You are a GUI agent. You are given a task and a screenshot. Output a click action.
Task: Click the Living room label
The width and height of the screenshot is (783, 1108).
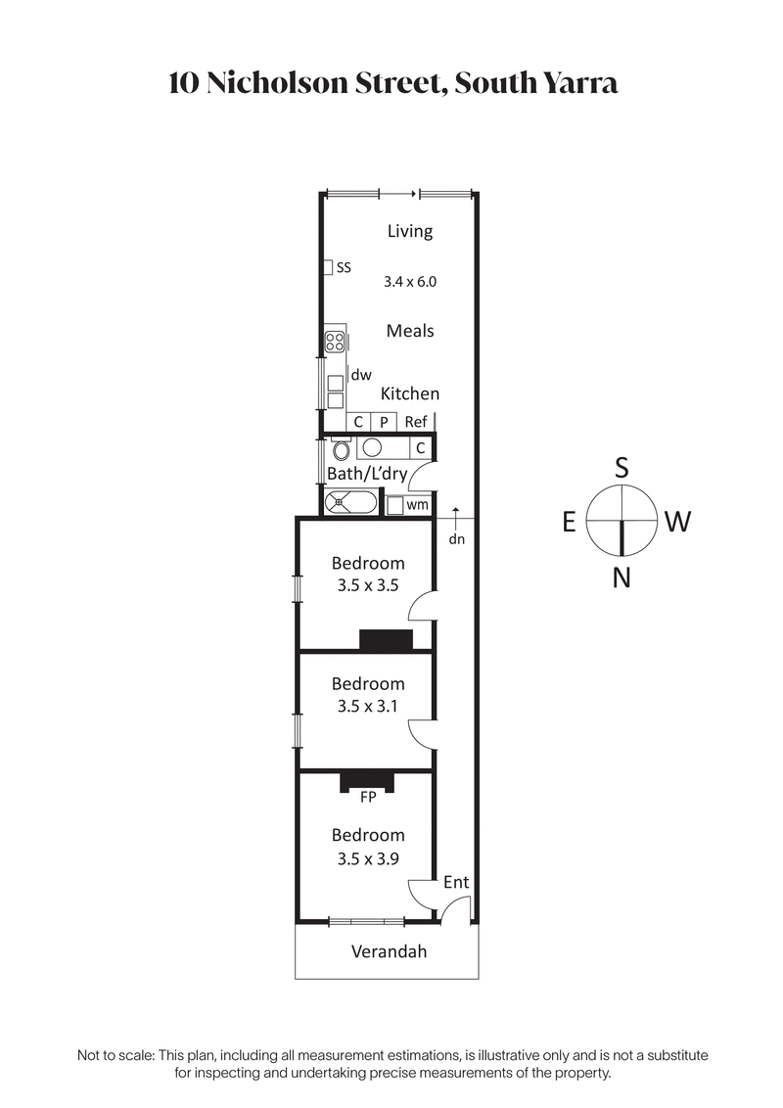point(409,231)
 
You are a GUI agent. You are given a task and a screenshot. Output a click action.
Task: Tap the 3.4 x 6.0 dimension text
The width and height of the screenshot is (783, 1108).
point(409,281)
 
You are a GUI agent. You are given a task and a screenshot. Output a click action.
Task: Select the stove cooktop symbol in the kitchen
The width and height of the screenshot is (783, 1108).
point(335,343)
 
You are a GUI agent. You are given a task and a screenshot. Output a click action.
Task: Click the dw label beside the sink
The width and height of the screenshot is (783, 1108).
point(361,374)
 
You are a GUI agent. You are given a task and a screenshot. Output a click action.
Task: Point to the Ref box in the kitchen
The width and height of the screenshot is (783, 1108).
point(416,422)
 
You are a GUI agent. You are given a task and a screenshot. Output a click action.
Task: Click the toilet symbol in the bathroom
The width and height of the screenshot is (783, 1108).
point(341,451)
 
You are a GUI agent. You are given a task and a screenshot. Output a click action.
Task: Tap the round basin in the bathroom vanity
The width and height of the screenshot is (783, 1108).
point(372,448)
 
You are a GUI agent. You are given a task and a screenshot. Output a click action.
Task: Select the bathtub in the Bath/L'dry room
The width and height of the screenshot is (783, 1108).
point(349,503)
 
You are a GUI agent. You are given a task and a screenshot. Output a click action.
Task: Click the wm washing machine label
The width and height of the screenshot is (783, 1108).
point(417,505)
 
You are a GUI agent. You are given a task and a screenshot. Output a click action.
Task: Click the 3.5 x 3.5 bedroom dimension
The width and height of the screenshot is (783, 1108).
point(368,587)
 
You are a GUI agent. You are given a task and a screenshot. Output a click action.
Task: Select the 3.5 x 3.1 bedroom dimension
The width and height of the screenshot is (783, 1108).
point(368,705)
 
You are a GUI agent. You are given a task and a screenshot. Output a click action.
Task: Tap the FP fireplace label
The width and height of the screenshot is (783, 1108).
point(369,797)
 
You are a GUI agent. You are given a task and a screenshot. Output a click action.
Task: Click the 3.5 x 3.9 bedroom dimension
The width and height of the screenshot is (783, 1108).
point(368,858)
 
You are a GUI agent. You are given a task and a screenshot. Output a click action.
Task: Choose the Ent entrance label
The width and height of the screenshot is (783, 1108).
point(456,882)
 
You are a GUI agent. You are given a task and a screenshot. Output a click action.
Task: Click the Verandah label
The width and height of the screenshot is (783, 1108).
point(389,950)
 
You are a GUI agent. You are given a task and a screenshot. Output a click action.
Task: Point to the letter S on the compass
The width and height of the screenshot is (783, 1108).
point(621,468)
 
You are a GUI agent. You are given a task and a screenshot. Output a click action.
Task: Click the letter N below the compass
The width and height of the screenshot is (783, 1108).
point(621,578)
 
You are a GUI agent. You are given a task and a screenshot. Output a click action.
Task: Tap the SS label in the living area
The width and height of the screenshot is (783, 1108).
point(344,266)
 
